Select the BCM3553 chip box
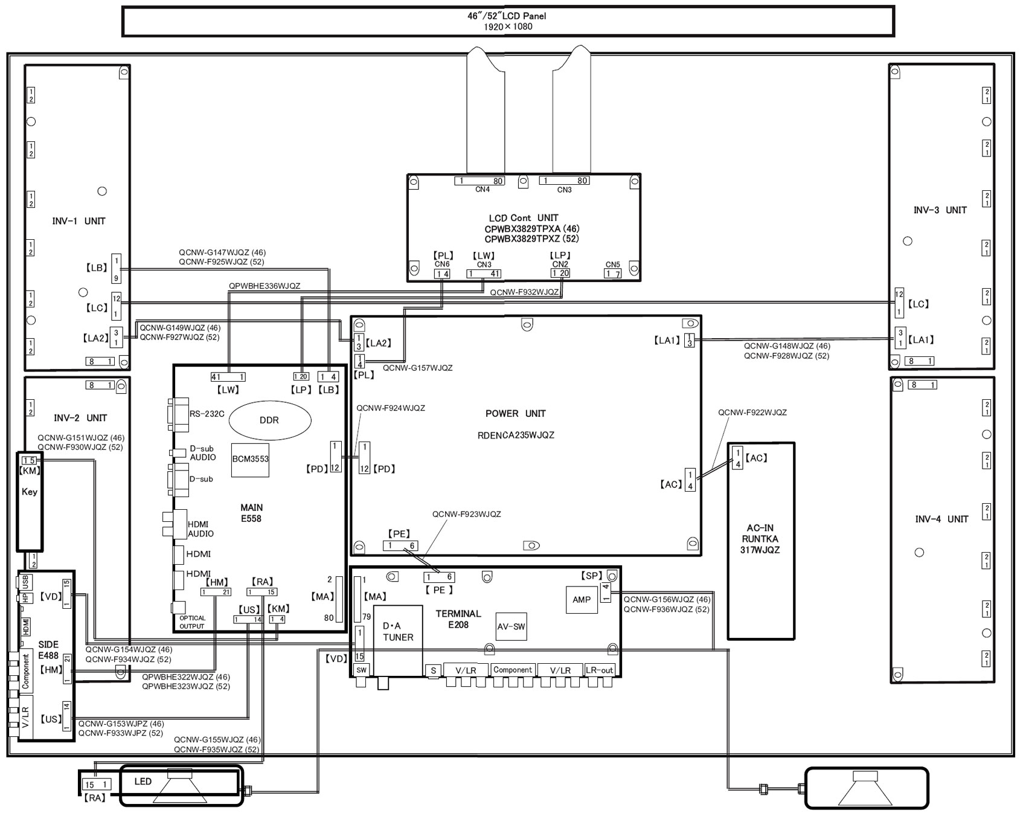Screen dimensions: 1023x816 (251, 459)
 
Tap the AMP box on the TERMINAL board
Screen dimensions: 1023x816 (582, 600)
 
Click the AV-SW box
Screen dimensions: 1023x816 (511, 627)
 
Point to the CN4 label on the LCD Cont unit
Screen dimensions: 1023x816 (483, 190)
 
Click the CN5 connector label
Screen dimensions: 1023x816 (613, 265)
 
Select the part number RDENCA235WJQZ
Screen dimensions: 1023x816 (515, 435)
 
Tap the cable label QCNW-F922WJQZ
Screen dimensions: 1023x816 (752, 413)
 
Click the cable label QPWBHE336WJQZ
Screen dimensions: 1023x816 (265, 286)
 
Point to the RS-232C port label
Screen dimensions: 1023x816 (207, 414)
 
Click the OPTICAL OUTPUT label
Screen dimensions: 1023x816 (192, 622)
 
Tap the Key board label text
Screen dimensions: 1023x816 (30, 492)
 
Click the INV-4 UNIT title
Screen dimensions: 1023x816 (941, 519)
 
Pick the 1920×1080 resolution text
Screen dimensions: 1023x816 (508, 27)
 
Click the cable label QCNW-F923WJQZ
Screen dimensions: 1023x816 (466, 515)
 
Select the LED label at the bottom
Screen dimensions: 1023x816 (143, 782)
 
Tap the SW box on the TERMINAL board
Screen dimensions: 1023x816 (361, 670)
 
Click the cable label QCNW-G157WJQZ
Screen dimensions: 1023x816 (417, 368)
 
